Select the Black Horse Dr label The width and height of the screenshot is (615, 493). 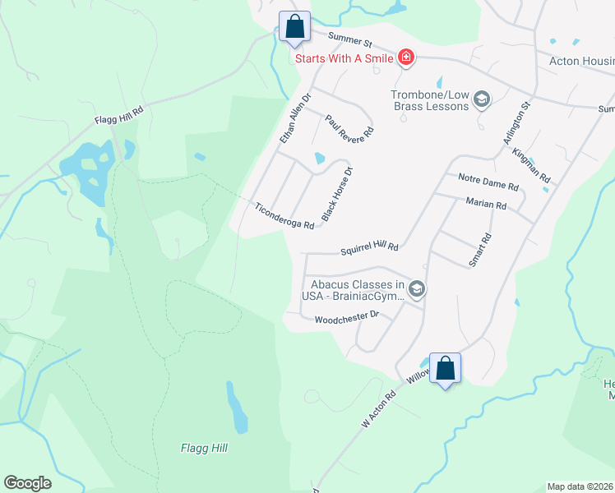[337, 195]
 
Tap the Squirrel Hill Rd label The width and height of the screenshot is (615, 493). [369, 247]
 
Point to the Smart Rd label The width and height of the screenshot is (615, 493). [479, 250]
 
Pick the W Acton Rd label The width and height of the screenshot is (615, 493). [379, 408]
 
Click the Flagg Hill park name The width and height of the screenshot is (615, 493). [204, 448]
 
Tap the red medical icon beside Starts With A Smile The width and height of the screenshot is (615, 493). [405, 58]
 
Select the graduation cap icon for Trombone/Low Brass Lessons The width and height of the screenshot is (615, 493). [481, 100]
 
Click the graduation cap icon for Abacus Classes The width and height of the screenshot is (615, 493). [417, 288]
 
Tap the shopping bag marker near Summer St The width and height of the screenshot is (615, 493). [295, 26]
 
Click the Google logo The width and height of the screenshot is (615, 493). [27, 482]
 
